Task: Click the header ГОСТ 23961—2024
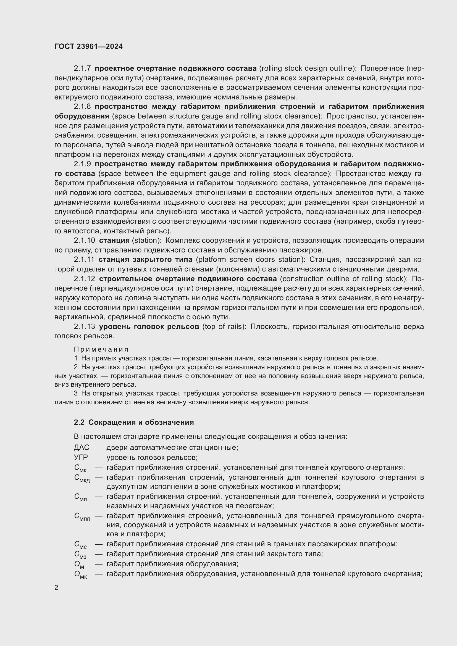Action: click(89, 46)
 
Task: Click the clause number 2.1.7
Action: click(82, 68)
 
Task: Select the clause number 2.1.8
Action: click(82, 107)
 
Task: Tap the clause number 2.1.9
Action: click(82, 164)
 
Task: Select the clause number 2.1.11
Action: click(84, 259)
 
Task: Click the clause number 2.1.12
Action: click(84, 279)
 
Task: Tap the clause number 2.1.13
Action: click(84, 327)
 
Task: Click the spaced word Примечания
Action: click(101, 349)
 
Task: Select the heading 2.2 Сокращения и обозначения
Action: click(134, 422)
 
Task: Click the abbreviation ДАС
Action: click(82, 447)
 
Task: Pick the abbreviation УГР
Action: click(81, 457)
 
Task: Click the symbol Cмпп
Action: click(82, 516)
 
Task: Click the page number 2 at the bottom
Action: click(56, 588)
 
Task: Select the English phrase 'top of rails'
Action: click(224, 327)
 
